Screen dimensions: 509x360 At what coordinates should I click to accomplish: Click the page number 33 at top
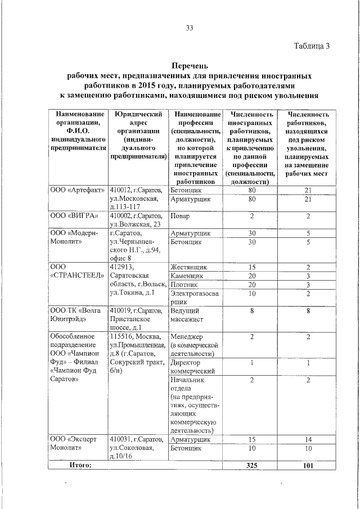(190, 28)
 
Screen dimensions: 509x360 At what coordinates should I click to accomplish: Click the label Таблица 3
(312, 46)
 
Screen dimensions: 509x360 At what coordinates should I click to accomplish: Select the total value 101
(308, 466)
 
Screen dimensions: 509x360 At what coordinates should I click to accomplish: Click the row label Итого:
(80, 465)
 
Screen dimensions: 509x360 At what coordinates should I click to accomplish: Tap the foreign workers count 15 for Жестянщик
(252, 267)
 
